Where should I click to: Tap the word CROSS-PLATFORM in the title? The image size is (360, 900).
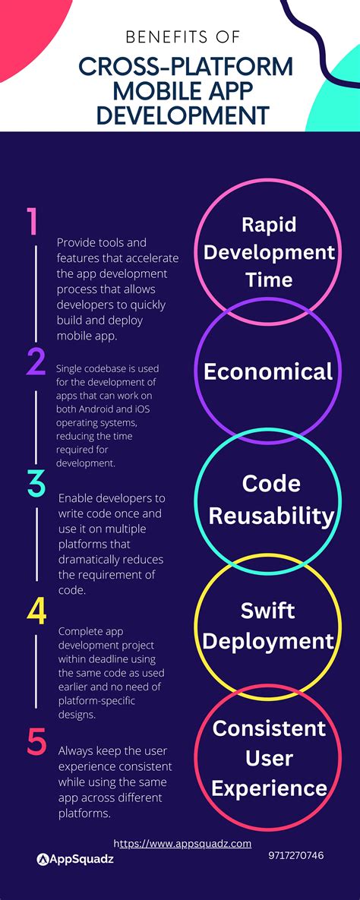tap(185, 68)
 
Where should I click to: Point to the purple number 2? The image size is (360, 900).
tap(36, 362)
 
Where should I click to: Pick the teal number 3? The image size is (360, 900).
tap(36, 484)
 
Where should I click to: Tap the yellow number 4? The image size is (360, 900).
tap(36, 613)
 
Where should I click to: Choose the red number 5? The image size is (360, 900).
tap(36, 743)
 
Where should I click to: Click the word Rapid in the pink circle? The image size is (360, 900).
tap(268, 224)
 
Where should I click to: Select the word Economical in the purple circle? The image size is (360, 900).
tap(268, 371)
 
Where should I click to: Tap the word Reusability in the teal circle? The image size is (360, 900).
tap(270, 516)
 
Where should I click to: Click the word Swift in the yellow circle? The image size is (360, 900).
tap(268, 610)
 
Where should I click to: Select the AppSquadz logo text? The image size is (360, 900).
tap(79, 859)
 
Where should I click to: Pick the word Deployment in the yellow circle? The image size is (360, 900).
tap(268, 642)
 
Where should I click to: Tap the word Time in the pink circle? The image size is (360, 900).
tap(268, 279)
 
